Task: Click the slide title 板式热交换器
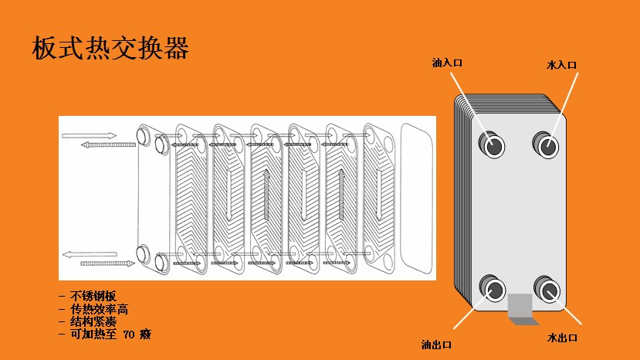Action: coord(110,48)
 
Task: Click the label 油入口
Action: coord(447,63)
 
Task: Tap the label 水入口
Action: coord(561,66)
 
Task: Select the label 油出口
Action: coord(437,343)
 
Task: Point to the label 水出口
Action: coord(562,338)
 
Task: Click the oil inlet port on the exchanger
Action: coord(493,144)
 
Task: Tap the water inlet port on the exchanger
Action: coord(548,144)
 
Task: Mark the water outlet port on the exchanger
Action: coord(549,290)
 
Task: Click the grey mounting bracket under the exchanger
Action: coord(519,308)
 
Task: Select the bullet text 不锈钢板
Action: coord(93,297)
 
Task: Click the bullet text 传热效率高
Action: coord(99,309)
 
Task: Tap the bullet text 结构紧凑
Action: coord(93,321)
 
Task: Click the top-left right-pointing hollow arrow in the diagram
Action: coord(89,135)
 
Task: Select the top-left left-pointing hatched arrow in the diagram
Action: coord(108,144)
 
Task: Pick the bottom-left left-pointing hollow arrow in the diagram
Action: coord(89,253)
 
